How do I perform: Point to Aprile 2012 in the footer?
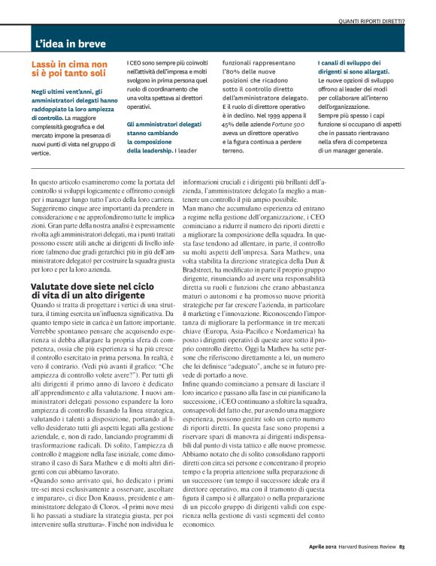[323, 556]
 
